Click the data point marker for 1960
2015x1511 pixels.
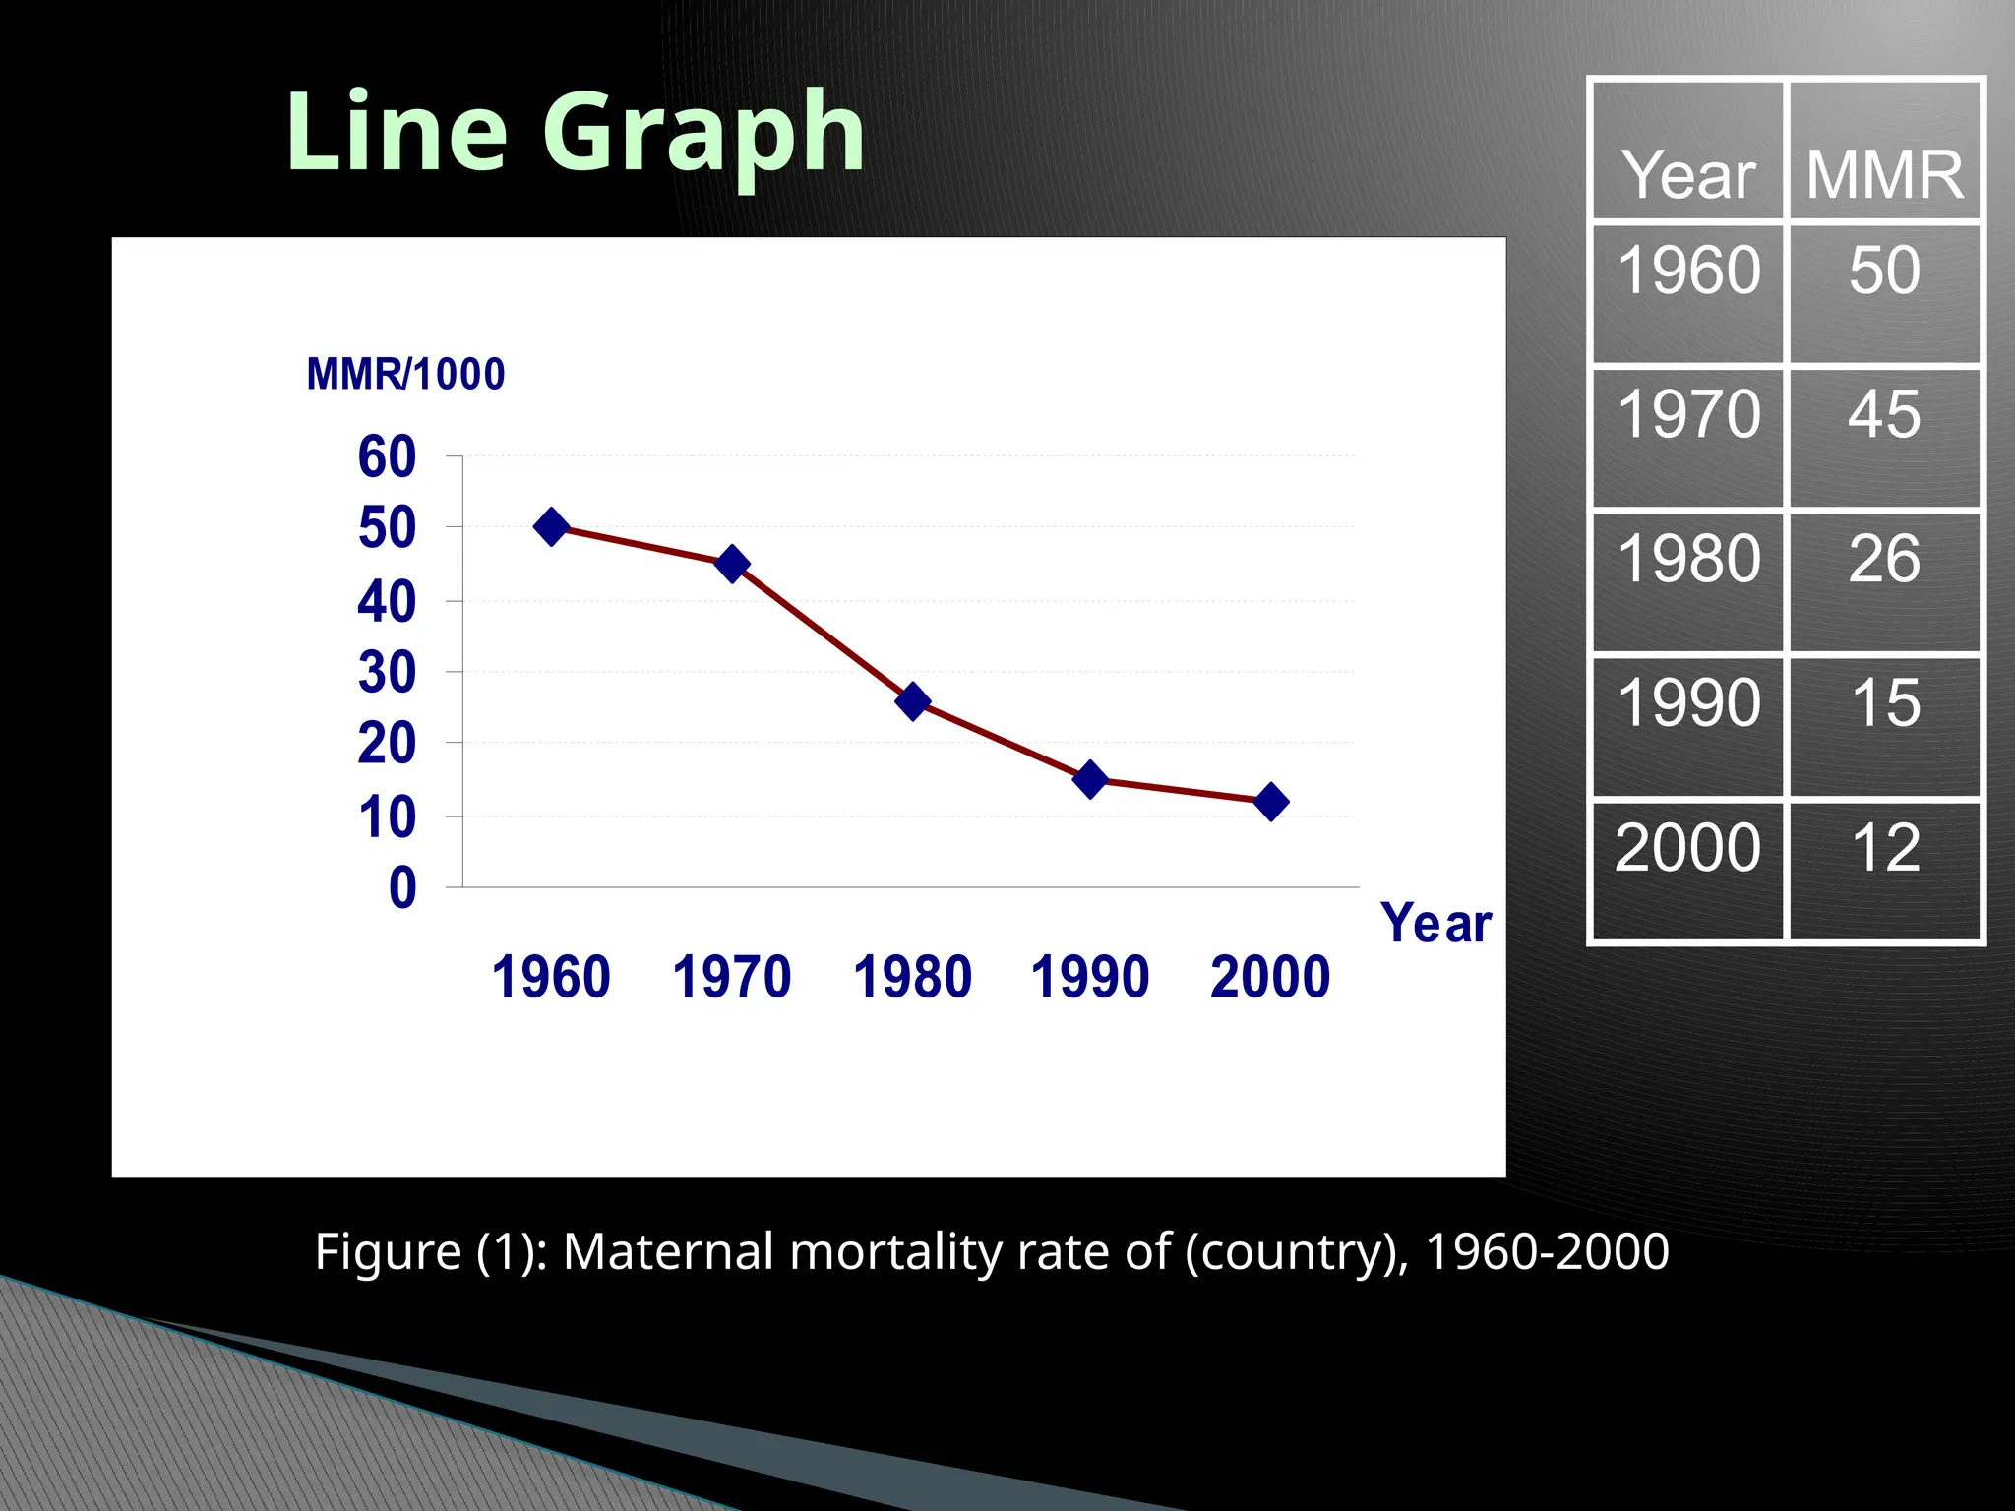tap(551, 527)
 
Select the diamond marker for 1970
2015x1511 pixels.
tap(732, 564)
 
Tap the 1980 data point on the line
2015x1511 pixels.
tap(913, 701)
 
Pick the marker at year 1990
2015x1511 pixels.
tap(1090, 779)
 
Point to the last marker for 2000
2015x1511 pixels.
tap(1270, 802)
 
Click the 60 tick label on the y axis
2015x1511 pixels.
tap(387, 457)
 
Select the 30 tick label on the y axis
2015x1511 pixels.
tap(387, 674)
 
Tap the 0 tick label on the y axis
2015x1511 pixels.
tap(402, 888)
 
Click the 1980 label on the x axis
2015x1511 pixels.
tap(912, 977)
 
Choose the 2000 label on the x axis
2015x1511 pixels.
tap(1270, 977)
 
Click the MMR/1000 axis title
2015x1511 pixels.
tap(405, 375)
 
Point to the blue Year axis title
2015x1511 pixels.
tap(1435, 924)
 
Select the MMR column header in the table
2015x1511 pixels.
tap(1884, 175)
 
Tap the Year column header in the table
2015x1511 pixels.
tap(1688, 175)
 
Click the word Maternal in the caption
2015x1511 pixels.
tap(668, 1252)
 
